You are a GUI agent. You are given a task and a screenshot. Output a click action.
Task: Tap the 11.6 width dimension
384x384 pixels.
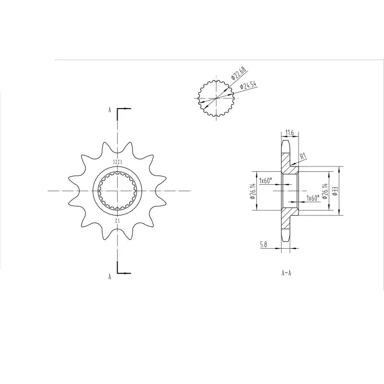pos(289,132)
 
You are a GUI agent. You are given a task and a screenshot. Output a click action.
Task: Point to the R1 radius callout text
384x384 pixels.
pos(302,156)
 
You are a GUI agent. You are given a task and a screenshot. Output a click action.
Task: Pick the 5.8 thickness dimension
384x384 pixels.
pos(264,244)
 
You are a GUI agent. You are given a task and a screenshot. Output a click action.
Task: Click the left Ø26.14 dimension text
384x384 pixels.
pos(252,191)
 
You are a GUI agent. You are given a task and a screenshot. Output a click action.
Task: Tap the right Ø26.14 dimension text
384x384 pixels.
pos(324,191)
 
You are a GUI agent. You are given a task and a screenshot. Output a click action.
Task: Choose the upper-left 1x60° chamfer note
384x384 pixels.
pos(265,180)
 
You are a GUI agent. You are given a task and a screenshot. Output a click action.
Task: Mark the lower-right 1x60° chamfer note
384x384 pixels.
pos(312,197)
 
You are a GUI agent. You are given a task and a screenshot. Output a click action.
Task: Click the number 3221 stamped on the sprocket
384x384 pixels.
pos(117,162)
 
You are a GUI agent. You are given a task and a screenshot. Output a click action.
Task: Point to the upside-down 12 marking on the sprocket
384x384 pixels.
pos(117,220)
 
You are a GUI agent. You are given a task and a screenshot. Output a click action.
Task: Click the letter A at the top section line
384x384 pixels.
pos(109,110)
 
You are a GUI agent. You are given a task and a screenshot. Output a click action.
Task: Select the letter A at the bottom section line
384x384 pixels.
pos(109,276)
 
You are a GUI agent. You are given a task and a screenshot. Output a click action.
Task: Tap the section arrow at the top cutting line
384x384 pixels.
pos(124,109)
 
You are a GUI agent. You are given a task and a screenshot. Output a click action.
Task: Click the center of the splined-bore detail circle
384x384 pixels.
pos(216,98)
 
